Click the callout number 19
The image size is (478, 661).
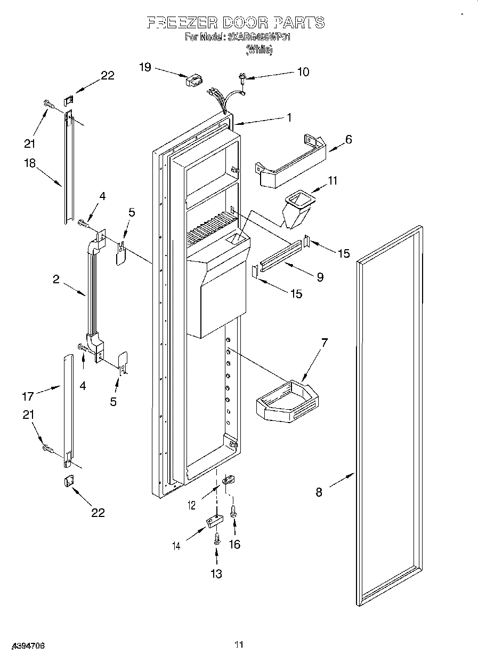(144, 67)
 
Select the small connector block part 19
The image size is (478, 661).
(193, 81)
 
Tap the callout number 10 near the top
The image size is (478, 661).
(302, 72)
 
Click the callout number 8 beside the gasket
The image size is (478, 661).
(319, 492)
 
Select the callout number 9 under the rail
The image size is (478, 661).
(320, 277)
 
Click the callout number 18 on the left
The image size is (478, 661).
(29, 163)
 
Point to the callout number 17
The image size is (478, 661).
(28, 396)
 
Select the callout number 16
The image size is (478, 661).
(234, 544)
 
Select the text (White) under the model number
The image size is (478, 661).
(260, 50)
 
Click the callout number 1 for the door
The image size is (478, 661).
(289, 118)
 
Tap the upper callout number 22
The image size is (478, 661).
(108, 76)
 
